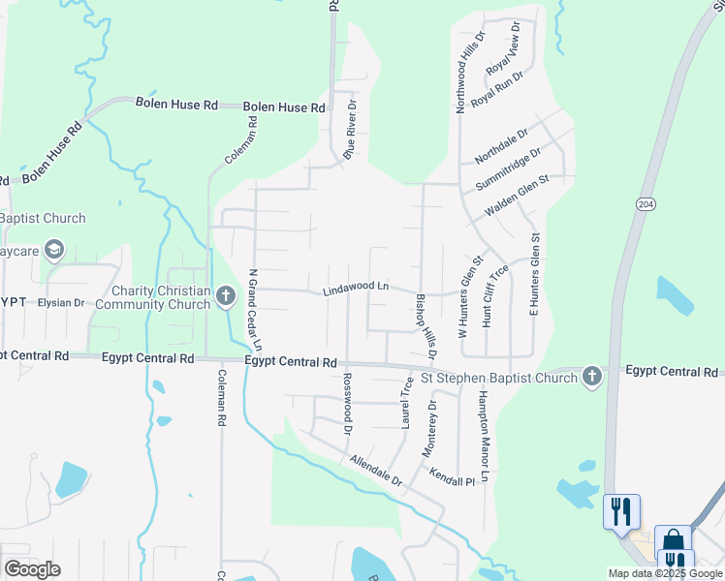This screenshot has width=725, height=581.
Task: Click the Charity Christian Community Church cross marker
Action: (226, 294)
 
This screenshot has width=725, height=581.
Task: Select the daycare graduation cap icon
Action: (53, 250)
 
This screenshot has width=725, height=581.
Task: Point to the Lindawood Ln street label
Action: (356, 289)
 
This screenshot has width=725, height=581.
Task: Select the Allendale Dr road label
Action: (376, 471)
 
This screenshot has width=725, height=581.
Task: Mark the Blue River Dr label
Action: (351, 129)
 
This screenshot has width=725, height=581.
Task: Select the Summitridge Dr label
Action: (507, 169)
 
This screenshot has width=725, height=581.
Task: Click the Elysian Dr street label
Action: (61, 303)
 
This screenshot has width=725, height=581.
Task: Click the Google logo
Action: (33, 569)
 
